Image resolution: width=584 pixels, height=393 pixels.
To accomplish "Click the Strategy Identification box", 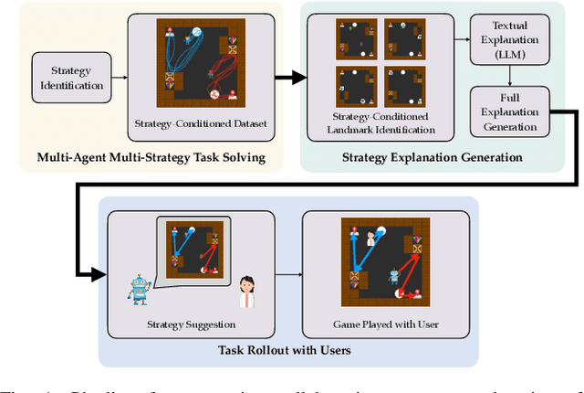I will coord(68,77).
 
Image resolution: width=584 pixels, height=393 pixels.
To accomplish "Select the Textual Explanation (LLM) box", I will coord(503,40).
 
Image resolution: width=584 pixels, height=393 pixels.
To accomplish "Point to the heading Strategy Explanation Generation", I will coord(432,158).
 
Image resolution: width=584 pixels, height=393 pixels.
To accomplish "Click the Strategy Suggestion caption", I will coord(193,324).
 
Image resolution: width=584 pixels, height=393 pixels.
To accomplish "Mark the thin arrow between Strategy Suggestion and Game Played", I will coord(289,273).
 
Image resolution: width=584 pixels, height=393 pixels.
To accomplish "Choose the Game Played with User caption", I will coord(385,324).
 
